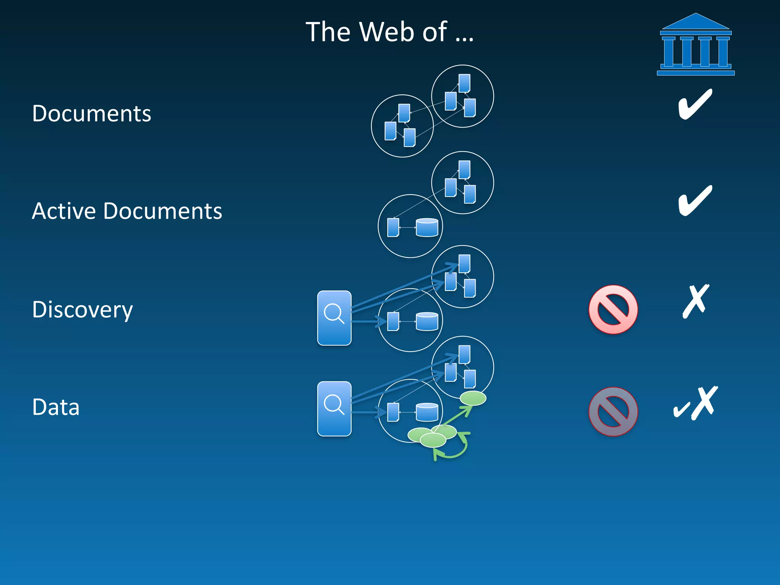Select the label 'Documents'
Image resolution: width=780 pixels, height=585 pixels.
91,113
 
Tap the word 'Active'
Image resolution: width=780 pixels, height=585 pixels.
63,211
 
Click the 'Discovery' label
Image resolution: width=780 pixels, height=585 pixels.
82,309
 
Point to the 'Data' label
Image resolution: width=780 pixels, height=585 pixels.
56,407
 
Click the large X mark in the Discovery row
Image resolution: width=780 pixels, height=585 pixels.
695,301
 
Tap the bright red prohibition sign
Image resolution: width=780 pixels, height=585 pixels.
613,309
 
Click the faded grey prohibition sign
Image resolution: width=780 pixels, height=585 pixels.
613,411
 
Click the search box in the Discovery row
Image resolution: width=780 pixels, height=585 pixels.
334,318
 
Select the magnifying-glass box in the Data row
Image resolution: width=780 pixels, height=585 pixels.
334,409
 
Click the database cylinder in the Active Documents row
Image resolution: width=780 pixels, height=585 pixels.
427,227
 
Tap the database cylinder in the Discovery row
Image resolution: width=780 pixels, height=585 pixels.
427,321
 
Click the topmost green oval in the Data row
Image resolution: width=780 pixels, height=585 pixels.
473,398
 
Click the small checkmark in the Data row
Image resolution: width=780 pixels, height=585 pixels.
681,410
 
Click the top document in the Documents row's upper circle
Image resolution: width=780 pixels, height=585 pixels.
464,83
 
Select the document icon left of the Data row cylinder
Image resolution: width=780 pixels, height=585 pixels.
393,412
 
